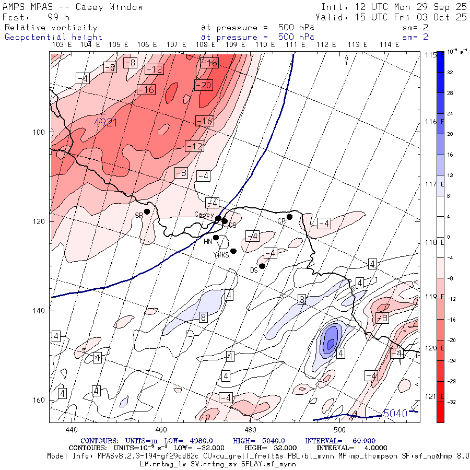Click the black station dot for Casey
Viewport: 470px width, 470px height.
218,218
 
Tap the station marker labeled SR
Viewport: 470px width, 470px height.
147,211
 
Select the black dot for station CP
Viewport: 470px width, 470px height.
290,217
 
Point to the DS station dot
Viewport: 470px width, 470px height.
262,266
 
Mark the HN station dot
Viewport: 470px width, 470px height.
216,238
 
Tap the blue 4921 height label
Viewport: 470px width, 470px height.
105,122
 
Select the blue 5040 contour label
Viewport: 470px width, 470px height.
395,414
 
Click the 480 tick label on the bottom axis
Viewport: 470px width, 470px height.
250,430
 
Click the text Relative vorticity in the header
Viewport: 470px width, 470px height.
51,28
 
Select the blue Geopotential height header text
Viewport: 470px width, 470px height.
54,37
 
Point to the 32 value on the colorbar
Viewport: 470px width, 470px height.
450,73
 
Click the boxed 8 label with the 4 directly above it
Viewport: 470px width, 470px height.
302,299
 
